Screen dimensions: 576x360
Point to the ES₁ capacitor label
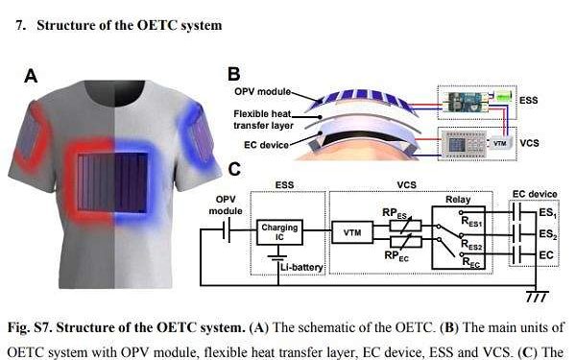pyautogui.click(x=548, y=215)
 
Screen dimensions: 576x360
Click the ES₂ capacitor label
pyautogui.click(x=548, y=234)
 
